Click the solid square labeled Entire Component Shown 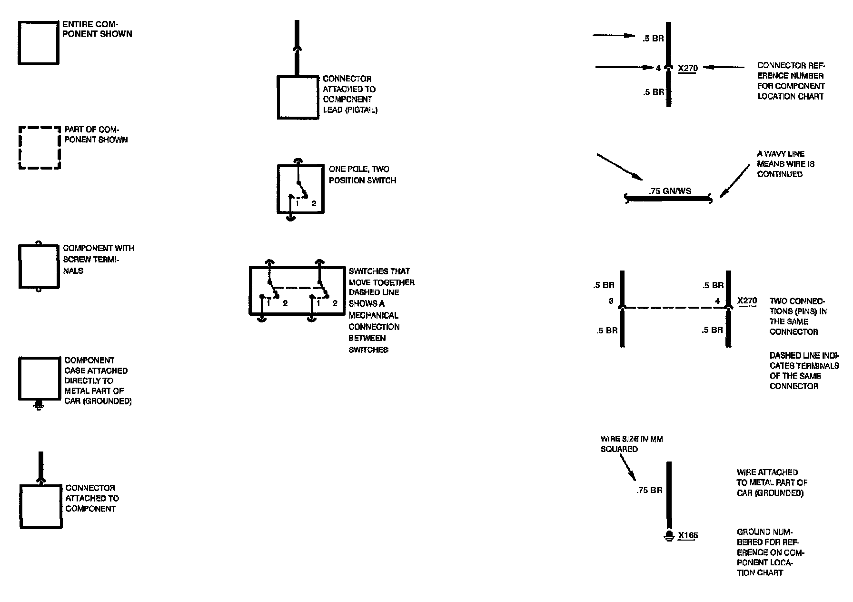pyautogui.click(x=39, y=43)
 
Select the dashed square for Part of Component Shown pyautogui.click(x=40, y=148)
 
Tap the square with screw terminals pyautogui.click(x=39, y=267)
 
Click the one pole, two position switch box pyautogui.click(x=300, y=189)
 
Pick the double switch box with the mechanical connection pyautogui.click(x=297, y=291)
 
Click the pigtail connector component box pyautogui.click(x=298, y=97)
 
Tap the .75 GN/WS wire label pyautogui.click(x=670, y=191)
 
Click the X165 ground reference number pyautogui.click(x=688, y=535)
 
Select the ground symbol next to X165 pyautogui.click(x=669, y=536)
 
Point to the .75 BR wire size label pyautogui.click(x=649, y=490)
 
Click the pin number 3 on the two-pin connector pyautogui.click(x=611, y=301)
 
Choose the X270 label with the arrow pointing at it pyautogui.click(x=688, y=68)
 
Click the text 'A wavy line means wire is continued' pyautogui.click(x=786, y=164)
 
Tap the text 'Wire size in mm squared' pyautogui.click(x=631, y=444)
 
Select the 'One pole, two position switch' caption pyautogui.click(x=362, y=175)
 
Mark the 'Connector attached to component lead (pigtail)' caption pyautogui.click(x=350, y=94)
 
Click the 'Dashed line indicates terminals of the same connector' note pyautogui.click(x=804, y=371)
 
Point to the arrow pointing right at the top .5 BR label pyautogui.click(x=614, y=36)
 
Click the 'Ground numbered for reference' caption pyautogui.click(x=771, y=552)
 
